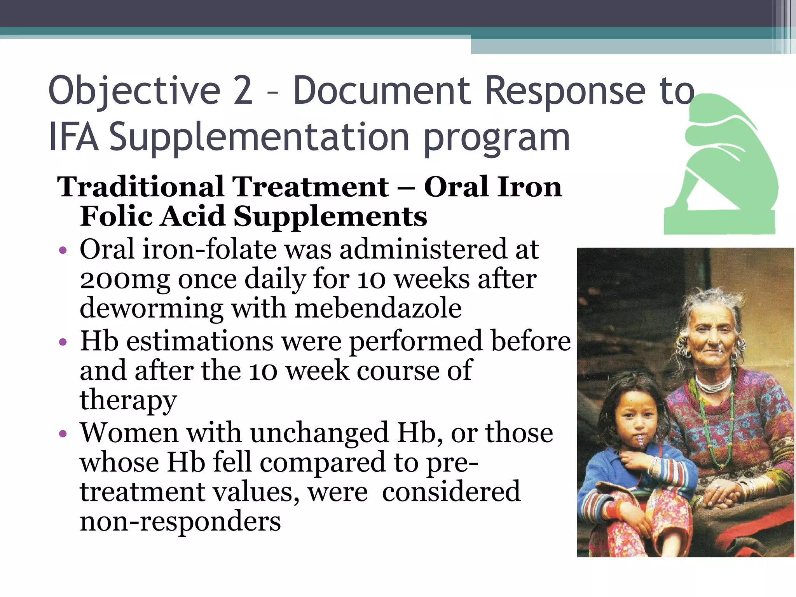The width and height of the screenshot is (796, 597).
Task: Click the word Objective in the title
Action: point(134,92)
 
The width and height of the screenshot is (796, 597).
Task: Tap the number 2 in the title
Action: point(243,91)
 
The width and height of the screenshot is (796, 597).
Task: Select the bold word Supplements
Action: point(330,216)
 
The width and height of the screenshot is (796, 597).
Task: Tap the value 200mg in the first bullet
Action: point(125,280)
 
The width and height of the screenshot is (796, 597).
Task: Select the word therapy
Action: point(128,400)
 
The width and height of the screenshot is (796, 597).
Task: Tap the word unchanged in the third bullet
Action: point(319,433)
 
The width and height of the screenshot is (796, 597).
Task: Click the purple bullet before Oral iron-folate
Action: point(63,250)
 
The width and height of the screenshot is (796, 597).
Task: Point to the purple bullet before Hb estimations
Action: point(63,342)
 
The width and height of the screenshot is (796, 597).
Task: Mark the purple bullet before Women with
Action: point(63,434)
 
